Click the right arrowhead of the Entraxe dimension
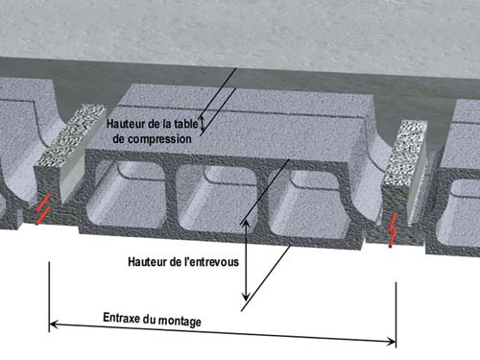391,342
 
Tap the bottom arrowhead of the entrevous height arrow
246,297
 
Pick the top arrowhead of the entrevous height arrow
246,225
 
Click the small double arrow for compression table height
202,124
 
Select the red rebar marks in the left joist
43,209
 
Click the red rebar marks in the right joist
393,230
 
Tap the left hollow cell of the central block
127,195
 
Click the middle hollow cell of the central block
218,199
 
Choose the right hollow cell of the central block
308,204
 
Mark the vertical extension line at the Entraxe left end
49,297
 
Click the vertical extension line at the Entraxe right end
396,315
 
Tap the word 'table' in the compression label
185,124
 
